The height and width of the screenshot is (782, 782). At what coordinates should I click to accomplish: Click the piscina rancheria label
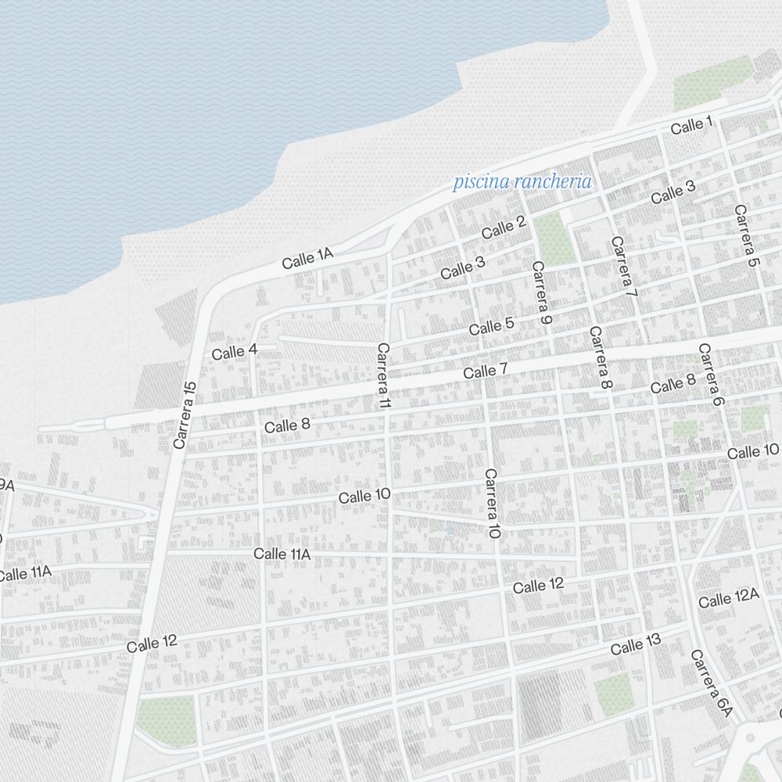[522, 182]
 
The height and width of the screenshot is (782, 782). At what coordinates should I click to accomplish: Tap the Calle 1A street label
[308, 259]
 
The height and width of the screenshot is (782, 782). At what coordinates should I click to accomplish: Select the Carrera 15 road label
[185, 415]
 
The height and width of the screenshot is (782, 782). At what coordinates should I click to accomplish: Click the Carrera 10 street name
[492, 504]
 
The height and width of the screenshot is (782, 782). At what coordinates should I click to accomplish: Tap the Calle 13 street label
[636, 645]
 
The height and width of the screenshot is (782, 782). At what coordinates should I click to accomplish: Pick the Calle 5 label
[492, 326]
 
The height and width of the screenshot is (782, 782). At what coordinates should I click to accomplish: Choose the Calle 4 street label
[235, 352]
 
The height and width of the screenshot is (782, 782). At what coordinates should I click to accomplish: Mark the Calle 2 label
[504, 228]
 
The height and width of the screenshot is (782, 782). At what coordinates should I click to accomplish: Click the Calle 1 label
[692, 124]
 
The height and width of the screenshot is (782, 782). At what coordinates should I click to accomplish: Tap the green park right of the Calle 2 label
[554, 239]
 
